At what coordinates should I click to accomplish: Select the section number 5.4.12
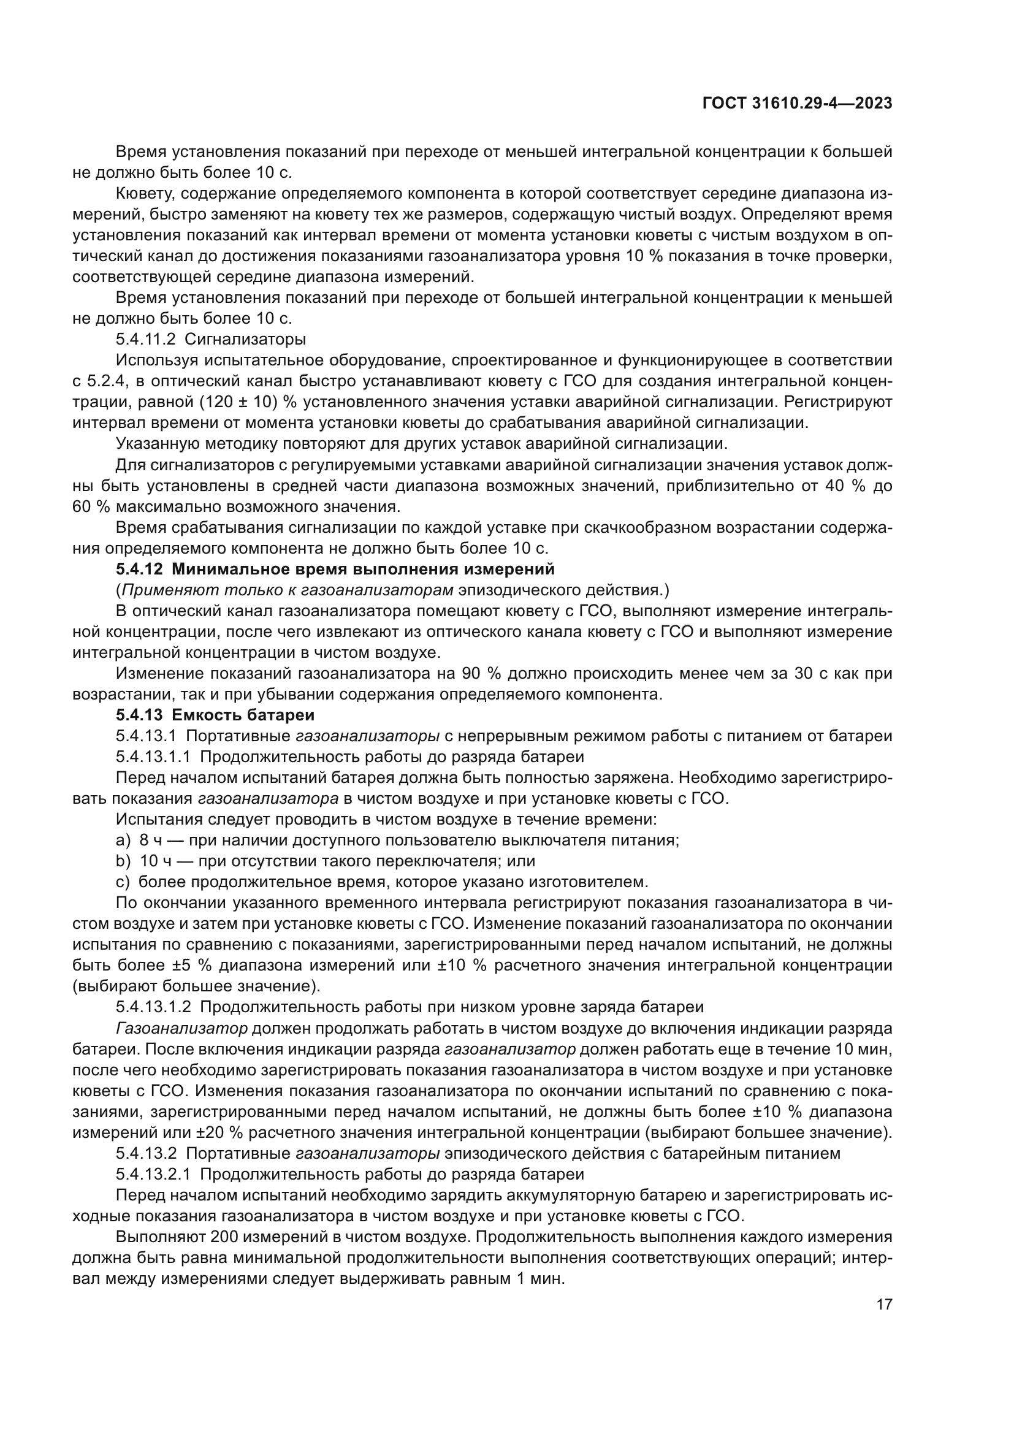(139, 569)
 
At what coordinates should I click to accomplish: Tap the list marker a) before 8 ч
(123, 840)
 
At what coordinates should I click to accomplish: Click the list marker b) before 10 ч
(123, 861)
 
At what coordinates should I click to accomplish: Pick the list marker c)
(123, 882)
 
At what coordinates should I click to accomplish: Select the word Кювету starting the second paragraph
(145, 194)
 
